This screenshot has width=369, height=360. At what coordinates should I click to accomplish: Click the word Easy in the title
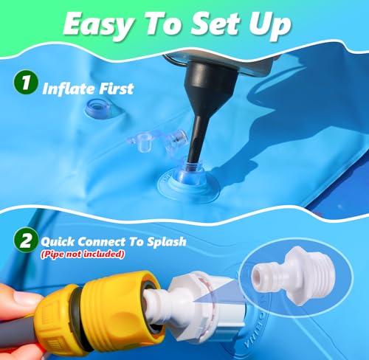[98, 25]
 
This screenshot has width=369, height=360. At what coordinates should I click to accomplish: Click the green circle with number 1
[25, 82]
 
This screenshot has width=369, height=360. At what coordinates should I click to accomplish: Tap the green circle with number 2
[26, 240]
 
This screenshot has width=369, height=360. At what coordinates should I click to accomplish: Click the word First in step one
[115, 89]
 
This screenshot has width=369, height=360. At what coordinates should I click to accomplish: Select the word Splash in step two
[167, 242]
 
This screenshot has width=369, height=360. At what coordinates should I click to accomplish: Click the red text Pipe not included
[83, 255]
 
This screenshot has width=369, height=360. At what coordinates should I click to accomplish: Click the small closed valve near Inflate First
[98, 108]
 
